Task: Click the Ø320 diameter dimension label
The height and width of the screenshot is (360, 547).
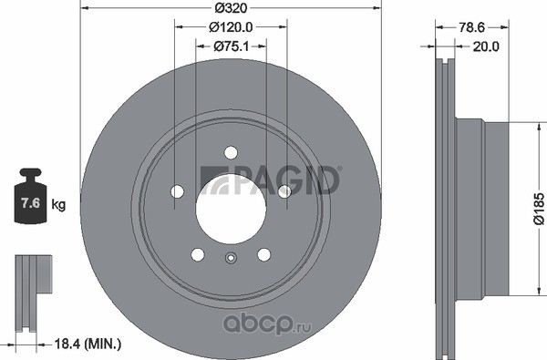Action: pyautogui.click(x=231, y=7)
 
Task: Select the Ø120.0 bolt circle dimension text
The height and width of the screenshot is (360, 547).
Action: pyautogui.click(x=231, y=26)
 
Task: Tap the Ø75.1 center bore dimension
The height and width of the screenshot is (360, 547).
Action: pyautogui.click(x=232, y=46)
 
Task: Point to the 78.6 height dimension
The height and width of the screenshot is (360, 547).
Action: pyautogui.click(x=471, y=27)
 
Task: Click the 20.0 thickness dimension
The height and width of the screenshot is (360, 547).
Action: pyautogui.click(x=486, y=46)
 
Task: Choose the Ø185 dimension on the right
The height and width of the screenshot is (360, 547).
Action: pyautogui.click(x=539, y=209)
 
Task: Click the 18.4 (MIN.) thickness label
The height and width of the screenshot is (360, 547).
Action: pyautogui.click(x=88, y=345)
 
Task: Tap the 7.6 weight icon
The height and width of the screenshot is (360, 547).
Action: pyautogui.click(x=30, y=196)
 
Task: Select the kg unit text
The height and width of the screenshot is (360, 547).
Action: pyautogui.click(x=58, y=204)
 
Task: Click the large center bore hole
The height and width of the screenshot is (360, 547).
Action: pyautogui.click(x=231, y=209)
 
